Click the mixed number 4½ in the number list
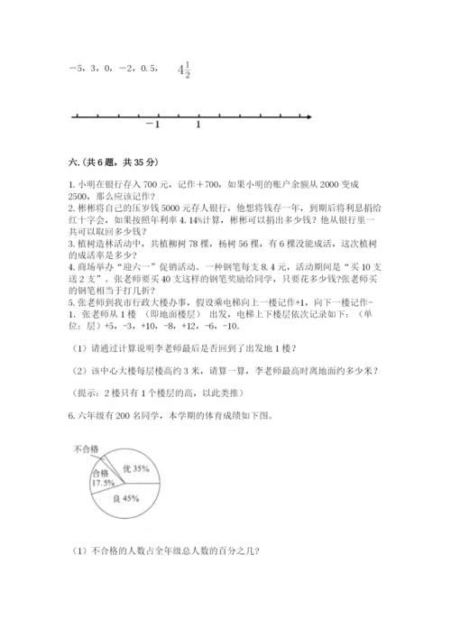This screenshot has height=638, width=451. (x=186, y=69)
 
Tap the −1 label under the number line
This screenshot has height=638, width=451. (x=152, y=125)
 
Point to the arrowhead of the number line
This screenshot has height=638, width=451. (x=308, y=116)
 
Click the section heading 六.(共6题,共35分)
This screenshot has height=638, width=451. (x=106, y=162)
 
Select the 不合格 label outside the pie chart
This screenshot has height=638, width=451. (x=87, y=448)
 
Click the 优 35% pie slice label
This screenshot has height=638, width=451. (x=133, y=468)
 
